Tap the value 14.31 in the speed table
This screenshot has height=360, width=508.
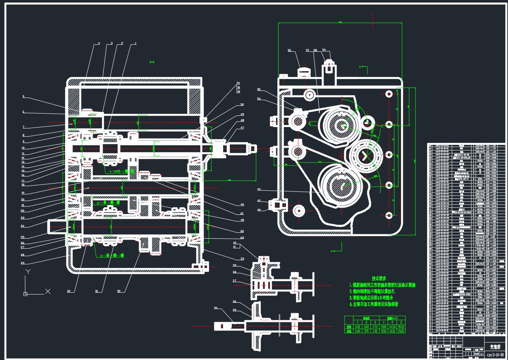point(392,331)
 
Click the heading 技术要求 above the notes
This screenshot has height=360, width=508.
point(378,278)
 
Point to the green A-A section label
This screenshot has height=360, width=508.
point(152,62)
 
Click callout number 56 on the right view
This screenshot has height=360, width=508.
point(289,51)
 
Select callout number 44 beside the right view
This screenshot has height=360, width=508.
point(259,189)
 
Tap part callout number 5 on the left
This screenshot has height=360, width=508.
point(23,96)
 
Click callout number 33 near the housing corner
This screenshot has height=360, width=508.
point(242,259)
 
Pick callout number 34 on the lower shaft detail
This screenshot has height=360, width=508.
point(216,308)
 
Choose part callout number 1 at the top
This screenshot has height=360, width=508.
point(136,43)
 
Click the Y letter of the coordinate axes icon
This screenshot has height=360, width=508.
point(28,272)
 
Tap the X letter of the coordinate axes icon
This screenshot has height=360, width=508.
point(48,291)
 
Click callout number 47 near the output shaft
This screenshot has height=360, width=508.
point(242,128)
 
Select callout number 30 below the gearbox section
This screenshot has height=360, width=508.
point(69,291)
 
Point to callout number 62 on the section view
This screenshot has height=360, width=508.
point(242,238)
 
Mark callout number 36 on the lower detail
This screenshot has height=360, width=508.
point(235,302)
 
